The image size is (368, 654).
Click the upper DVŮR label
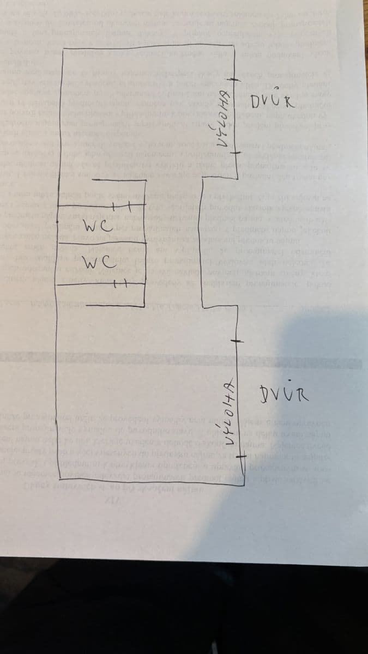click(273, 101)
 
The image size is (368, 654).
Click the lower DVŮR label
click(286, 392)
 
